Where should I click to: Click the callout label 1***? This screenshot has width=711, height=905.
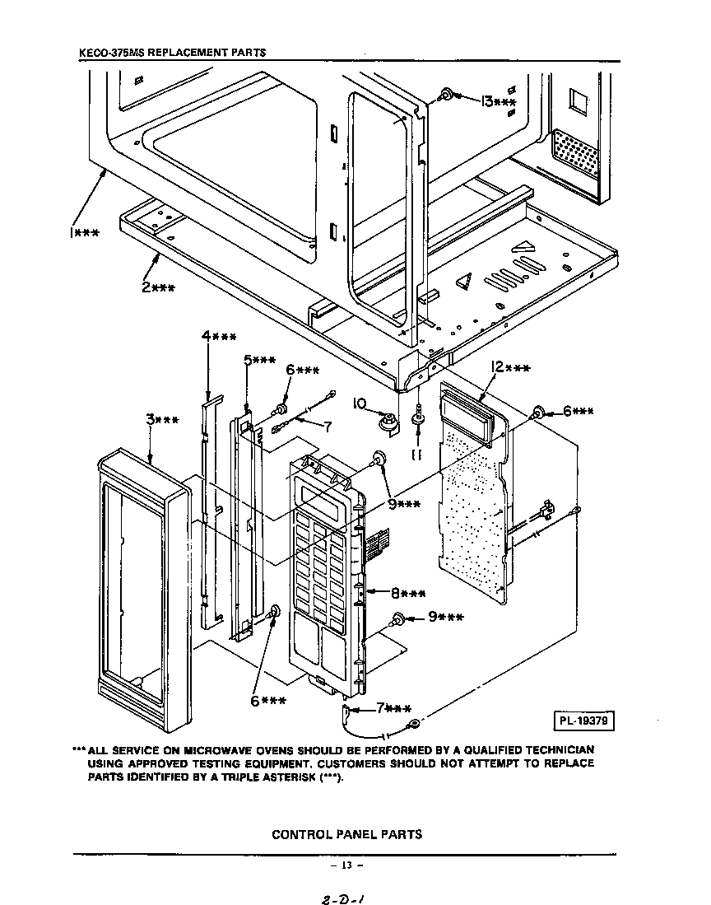82,233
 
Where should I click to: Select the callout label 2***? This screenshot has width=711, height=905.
156,287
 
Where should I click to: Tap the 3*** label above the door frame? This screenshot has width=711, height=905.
162,420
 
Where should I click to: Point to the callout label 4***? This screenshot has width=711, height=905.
218,336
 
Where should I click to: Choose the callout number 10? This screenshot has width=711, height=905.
359,404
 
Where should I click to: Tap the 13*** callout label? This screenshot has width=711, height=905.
499,101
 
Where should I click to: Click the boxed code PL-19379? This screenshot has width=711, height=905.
583,722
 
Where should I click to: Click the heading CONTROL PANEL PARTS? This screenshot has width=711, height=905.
346,833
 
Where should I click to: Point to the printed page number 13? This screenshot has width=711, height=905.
346,865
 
